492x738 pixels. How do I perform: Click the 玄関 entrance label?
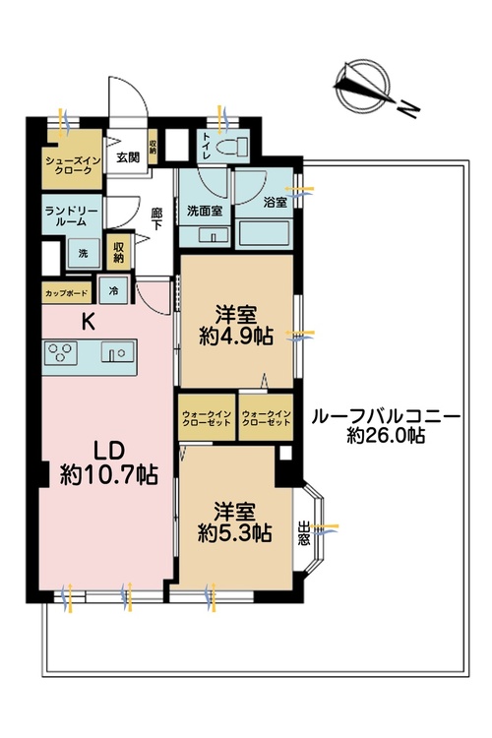point(128,157)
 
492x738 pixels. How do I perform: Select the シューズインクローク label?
point(73,165)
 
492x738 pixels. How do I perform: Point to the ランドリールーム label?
point(72,216)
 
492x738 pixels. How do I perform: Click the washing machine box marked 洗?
point(84,253)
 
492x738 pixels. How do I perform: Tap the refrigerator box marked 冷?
point(113,290)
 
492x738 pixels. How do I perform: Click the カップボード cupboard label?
point(67,293)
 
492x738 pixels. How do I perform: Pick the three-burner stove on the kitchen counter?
point(61,352)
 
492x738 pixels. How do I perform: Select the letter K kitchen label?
point(89,322)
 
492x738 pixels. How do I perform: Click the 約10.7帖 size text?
point(109,474)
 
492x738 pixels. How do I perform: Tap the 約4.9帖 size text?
point(236,337)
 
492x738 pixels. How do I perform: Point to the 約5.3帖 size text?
point(234,532)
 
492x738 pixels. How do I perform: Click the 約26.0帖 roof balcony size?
point(386,435)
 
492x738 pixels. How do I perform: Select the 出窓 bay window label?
point(304,532)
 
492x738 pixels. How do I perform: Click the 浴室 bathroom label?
point(276,203)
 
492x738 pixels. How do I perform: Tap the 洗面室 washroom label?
point(205,211)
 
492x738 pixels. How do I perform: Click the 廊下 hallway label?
point(156,218)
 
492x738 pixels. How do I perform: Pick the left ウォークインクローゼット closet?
point(207,418)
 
